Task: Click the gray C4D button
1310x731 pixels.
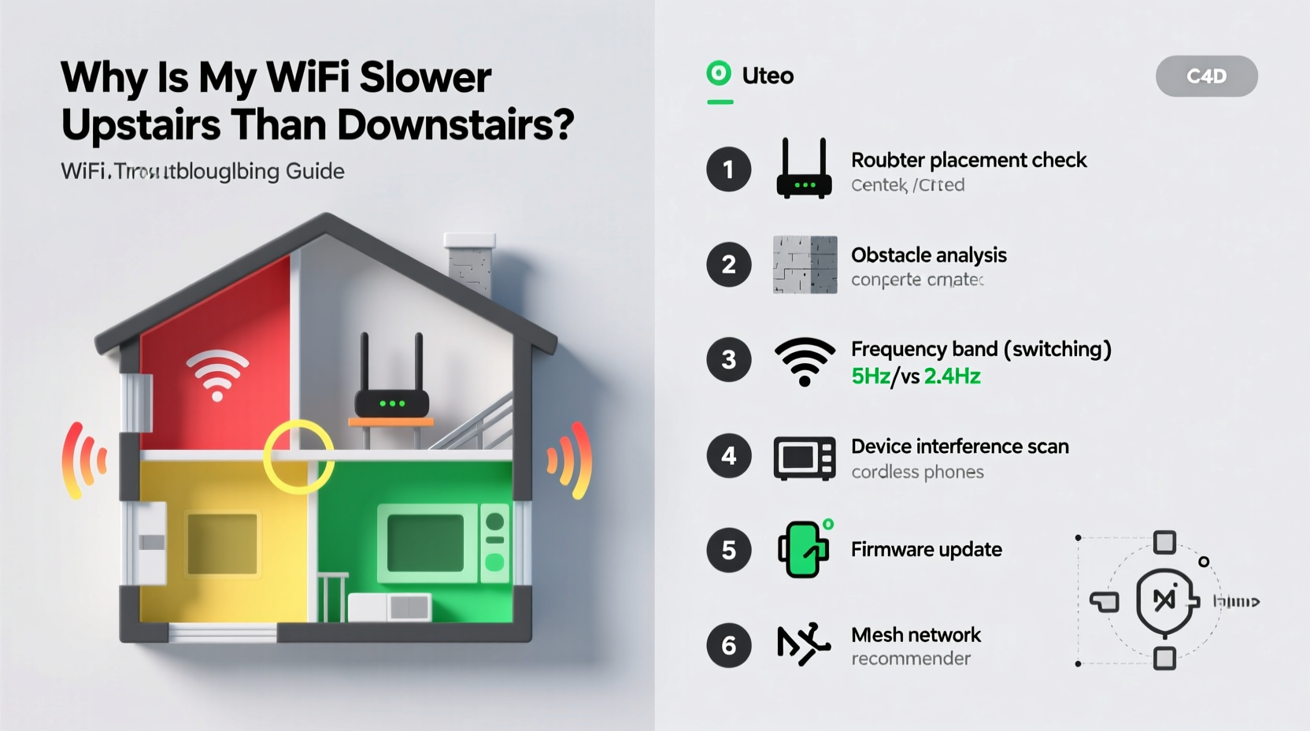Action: [1206, 76]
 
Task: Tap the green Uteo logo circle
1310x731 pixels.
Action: [719, 74]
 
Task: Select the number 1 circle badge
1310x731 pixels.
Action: [728, 169]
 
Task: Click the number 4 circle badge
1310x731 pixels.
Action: [728, 456]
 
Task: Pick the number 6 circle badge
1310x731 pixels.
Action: [728, 645]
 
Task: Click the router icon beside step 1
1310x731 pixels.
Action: [804, 169]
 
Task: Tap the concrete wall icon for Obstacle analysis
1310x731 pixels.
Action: [805, 265]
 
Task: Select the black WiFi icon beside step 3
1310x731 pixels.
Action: [805, 361]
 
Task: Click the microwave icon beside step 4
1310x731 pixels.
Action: [804, 458]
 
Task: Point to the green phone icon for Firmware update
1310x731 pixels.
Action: [803, 549]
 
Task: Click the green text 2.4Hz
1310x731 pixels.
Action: [952, 377]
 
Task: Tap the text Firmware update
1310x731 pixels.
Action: [926, 549]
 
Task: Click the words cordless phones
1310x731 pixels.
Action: [917, 472]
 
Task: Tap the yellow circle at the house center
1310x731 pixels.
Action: [298, 457]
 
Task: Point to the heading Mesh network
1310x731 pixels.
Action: [916, 635]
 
